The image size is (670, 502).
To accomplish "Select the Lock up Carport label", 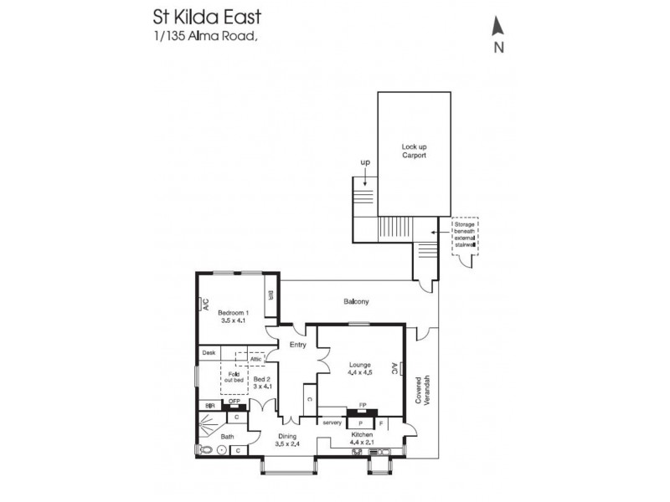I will [414, 151].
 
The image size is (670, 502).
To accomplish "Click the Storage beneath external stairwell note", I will [465, 238].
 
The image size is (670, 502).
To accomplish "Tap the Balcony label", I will [356, 301].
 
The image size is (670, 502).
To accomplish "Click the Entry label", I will [297, 345].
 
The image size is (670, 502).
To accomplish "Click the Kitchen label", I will [362, 436].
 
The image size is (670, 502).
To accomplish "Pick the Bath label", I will [227, 436].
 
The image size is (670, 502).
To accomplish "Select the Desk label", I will [209, 353].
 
